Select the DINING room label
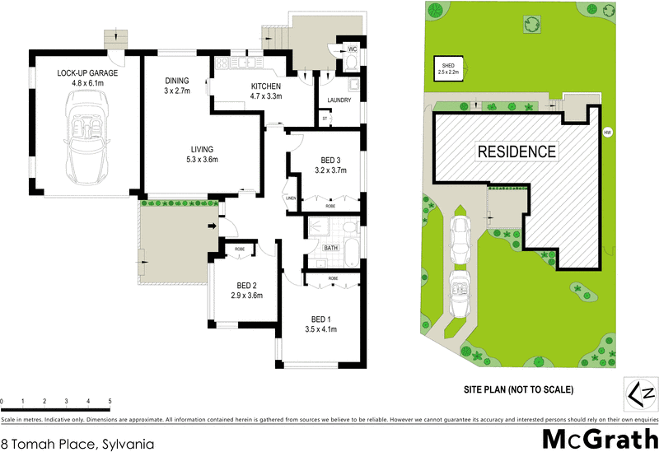[176, 81]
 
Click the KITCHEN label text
[266, 86]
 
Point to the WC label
[352, 49]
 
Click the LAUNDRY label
[339, 100]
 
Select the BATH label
[331, 247]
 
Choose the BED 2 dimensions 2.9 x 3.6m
[246, 296]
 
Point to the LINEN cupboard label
[290, 198]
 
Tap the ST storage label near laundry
[325, 119]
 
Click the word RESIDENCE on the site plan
[516, 151]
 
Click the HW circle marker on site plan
[608, 132]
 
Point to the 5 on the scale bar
[110, 402]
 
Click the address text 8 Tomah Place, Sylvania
[77, 442]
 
